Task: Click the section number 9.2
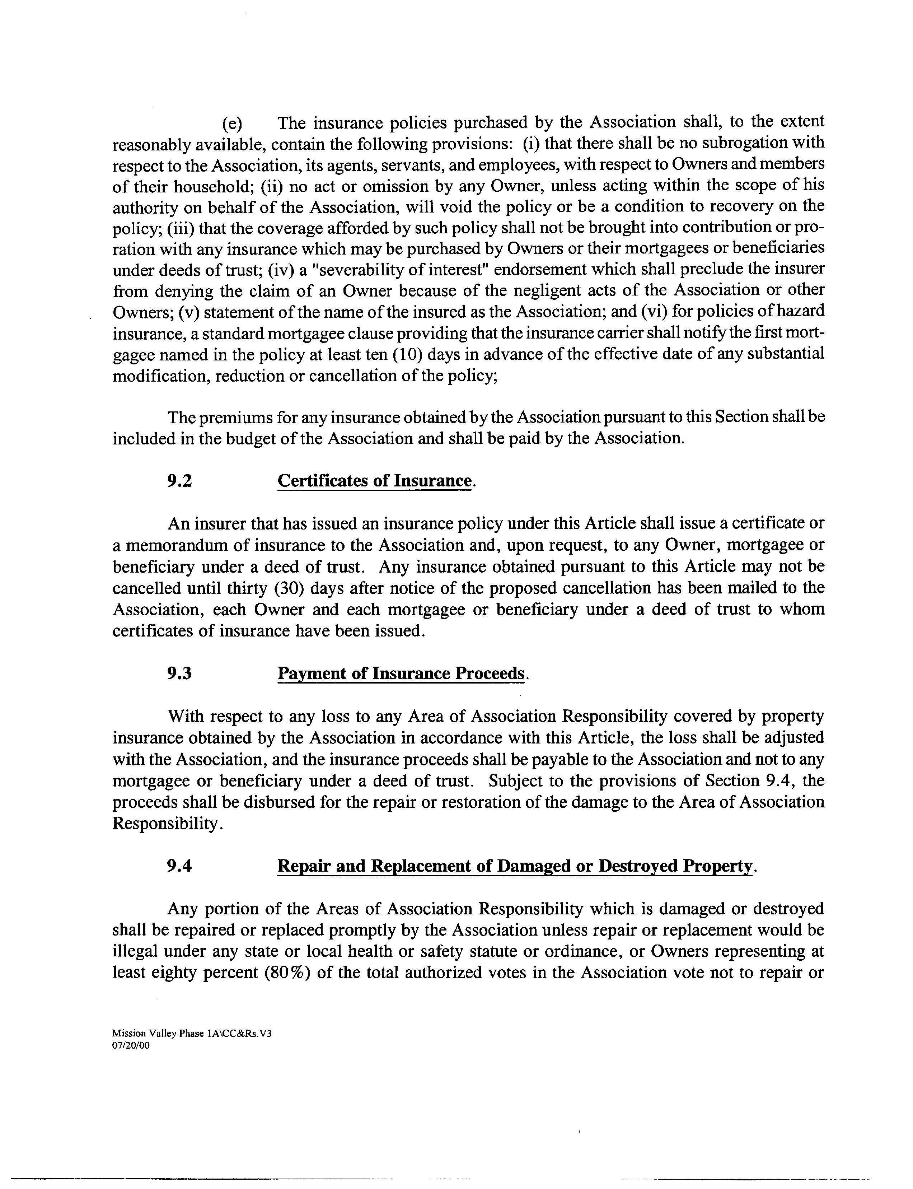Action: tap(179, 481)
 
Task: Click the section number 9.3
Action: tap(179, 673)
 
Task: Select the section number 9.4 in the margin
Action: tap(179, 866)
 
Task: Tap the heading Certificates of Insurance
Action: tap(374, 481)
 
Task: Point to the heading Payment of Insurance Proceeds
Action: tap(402, 673)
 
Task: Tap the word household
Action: tap(214, 186)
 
